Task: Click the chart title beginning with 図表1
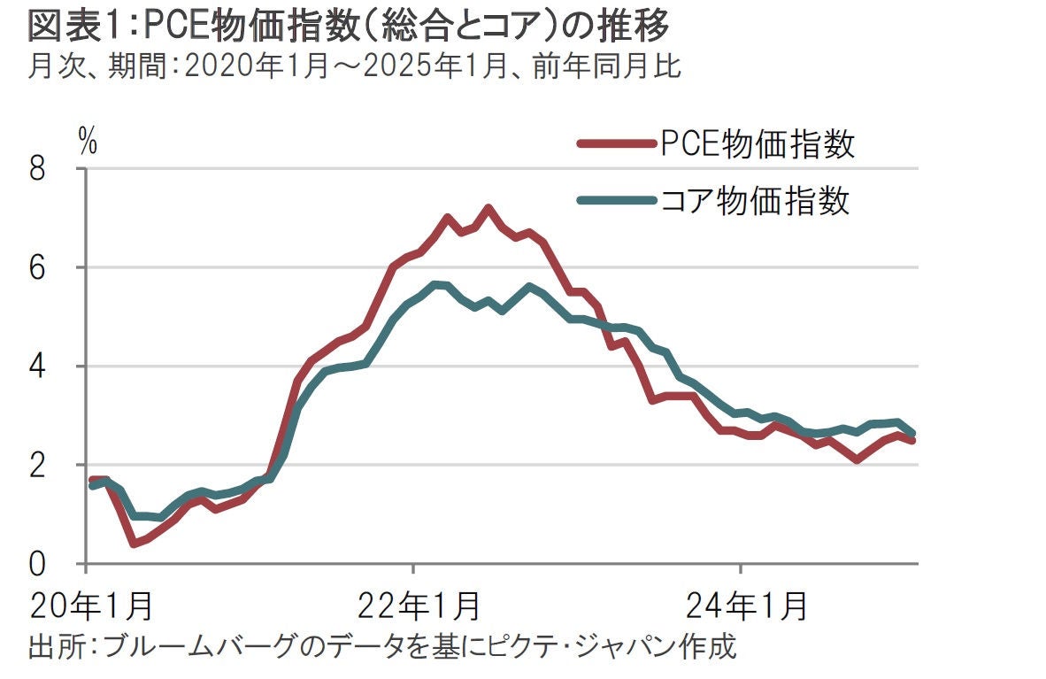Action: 349,27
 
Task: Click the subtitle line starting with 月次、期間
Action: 354,68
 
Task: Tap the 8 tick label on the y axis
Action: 37,169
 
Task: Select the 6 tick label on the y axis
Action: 37,267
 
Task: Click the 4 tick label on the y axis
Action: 37,367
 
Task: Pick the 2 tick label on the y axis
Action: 37,465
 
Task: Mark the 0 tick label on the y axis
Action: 37,564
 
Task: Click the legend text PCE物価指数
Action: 758,143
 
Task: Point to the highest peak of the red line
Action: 488,208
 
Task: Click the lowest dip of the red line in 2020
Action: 134,543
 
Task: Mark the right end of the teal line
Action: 912,433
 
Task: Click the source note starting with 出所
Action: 382,645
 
